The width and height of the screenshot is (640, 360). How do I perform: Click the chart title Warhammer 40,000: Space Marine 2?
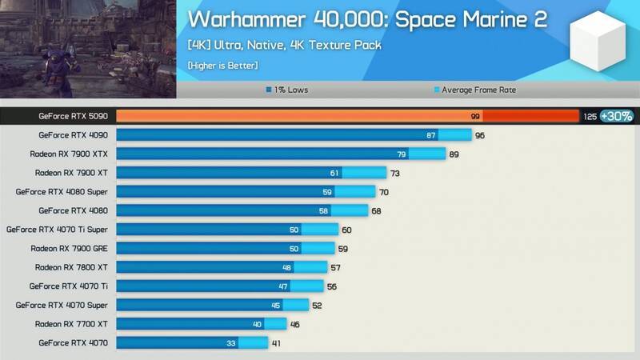coord(367,20)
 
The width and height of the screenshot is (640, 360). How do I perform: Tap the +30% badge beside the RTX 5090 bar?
coord(617,116)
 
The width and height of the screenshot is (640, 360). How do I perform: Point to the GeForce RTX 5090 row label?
coord(73,116)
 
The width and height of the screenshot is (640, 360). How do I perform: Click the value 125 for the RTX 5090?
coord(590,117)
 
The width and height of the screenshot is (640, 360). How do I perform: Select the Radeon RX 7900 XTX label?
coord(69,154)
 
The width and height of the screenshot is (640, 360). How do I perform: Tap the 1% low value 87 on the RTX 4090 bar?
coord(431,135)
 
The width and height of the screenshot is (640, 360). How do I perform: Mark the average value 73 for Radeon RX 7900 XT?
coord(394,173)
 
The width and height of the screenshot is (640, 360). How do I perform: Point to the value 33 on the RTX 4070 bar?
coord(231,343)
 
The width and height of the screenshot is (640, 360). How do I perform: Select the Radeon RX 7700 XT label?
coord(71,324)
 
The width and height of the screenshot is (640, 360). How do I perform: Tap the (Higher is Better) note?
coord(223,65)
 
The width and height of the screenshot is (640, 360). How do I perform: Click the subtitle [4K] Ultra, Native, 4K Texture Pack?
coord(284,45)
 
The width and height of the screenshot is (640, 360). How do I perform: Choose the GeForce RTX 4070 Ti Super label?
coord(57,230)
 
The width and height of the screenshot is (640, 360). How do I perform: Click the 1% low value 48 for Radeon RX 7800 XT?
coord(286,267)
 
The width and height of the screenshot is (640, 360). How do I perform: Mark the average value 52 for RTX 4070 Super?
coord(318,305)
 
